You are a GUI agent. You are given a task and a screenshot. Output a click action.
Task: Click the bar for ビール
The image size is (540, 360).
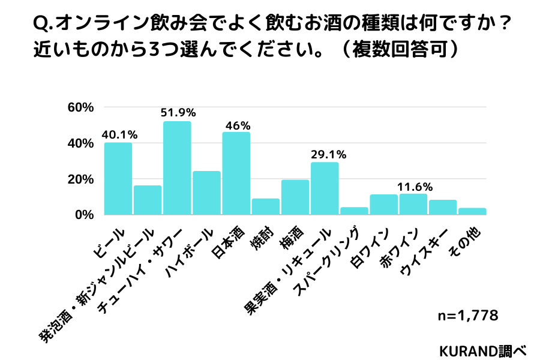tap(118, 178)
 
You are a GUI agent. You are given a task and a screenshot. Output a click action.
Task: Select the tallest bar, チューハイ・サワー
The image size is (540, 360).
tap(177, 168)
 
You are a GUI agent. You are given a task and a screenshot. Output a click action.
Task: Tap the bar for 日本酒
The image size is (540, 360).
tap(236, 173)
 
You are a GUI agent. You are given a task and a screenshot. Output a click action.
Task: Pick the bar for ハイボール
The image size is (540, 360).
tap(206, 193)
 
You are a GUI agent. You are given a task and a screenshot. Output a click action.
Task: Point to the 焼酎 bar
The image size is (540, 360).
tap(265, 206)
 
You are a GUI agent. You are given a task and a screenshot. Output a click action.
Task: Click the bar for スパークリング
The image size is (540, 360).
tap(354, 211)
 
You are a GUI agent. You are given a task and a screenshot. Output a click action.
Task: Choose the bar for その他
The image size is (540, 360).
tap(472, 211)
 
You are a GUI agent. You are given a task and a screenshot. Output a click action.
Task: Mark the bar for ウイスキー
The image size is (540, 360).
tap(443, 207)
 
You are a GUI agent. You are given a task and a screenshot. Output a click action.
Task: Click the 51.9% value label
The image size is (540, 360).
tap(178, 112)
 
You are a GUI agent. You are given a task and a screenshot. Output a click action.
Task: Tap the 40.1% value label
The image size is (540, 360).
tap(119, 134)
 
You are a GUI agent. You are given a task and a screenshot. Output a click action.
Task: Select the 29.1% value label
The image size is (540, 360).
tap(326, 154)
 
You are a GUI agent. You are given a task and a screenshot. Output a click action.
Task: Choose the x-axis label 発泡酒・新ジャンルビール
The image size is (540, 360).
tap(96, 285)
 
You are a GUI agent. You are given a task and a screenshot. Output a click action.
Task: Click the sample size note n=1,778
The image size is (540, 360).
tap(468, 315)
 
